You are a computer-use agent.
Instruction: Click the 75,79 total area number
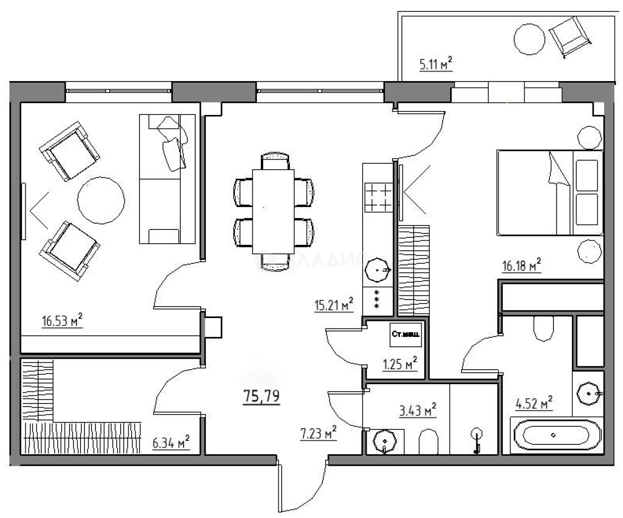tap(261, 397)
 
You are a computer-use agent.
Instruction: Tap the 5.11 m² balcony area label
tap(436, 64)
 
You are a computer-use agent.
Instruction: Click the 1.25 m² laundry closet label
tap(399, 364)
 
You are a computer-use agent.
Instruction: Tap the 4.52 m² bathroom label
tap(534, 403)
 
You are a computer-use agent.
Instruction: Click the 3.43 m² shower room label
tap(418, 411)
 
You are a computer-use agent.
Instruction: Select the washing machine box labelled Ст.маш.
tap(405, 334)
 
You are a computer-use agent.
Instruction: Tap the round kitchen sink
tap(378, 270)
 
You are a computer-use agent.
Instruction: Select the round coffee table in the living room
tap(101, 201)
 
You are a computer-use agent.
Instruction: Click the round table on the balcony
tap(530, 39)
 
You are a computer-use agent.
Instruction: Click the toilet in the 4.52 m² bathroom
tap(543, 328)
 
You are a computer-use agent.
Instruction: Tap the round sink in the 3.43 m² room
tap(385, 440)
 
